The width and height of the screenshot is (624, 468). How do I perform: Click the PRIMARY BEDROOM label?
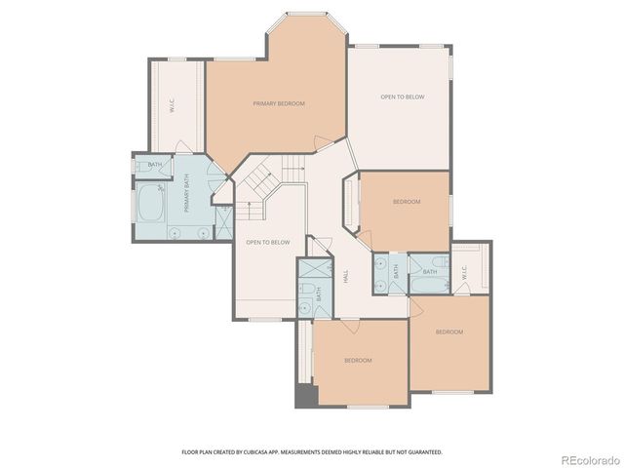[278, 103]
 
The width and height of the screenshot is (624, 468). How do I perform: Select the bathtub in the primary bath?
[150, 205]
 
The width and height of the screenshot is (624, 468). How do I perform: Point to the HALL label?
[347, 278]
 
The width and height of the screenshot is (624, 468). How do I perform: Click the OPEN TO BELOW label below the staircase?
[267, 242]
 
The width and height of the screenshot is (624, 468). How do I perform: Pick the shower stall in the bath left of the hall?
[315, 270]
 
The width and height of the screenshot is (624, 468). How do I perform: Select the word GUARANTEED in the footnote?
[424, 452]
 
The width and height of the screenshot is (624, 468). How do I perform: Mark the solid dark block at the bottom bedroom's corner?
[304, 397]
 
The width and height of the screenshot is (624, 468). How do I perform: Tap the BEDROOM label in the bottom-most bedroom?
[358, 361]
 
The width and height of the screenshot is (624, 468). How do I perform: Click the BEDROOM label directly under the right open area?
[406, 202]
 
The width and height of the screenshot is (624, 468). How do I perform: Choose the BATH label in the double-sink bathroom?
[396, 273]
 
